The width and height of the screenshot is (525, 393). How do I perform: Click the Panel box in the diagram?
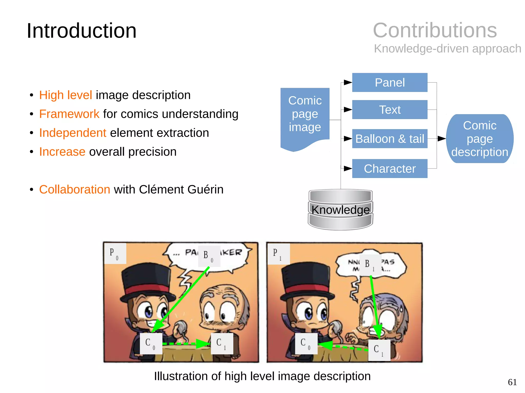coord(389,82)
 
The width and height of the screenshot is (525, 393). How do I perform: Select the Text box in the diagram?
coord(389,110)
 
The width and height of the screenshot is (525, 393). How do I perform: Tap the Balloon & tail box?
coord(389,139)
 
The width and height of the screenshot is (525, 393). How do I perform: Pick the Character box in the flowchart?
coord(389,168)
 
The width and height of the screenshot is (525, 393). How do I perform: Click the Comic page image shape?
coord(305,115)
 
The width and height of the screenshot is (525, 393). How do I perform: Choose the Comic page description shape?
coord(479,139)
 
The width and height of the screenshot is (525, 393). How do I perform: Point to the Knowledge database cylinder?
coord(340,209)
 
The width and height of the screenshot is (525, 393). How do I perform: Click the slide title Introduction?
coord(82,31)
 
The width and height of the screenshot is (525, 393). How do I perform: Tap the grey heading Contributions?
coord(435,30)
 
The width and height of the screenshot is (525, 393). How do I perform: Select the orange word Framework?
coord(69,114)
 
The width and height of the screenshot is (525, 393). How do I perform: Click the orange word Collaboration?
coord(75,189)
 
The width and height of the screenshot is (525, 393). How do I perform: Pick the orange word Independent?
coord(73,133)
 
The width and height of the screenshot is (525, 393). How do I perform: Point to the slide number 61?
coord(512,382)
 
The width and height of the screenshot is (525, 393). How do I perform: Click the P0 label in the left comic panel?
coord(115,253)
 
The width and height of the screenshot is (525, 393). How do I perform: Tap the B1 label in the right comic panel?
coord(370,265)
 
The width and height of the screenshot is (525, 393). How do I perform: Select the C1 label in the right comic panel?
coord(379,350)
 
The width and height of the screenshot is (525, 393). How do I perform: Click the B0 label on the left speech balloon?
coord(209,256)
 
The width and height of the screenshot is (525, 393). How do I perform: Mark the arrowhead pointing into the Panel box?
coord(348,82)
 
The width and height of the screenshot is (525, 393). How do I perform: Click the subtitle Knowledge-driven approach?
coord(447,49)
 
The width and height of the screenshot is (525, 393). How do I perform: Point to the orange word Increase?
coord(62,152)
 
